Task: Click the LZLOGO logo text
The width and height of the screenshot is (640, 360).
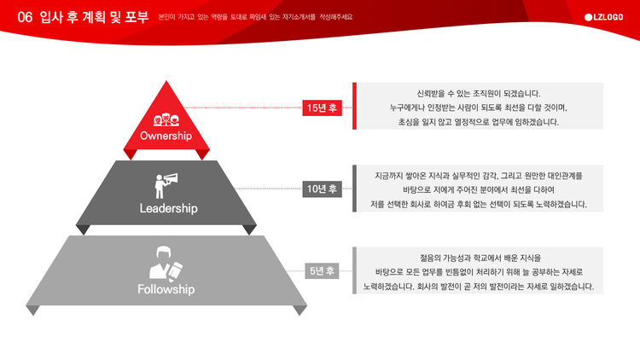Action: pyautogui.click(x=603, y=17)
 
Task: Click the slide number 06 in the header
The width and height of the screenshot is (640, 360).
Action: pyautogui.click(x=25, y=17)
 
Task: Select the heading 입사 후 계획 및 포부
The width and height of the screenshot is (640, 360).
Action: pyautogui.click(x=94, y=17)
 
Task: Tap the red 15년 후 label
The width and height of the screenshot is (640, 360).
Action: pyautogui.click(x=322, y=107)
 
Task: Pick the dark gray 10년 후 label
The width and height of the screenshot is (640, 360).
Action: pyautogui.click(x=322, y=189)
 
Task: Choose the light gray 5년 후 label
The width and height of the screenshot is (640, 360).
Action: pyautogui.click(x=322, y=270)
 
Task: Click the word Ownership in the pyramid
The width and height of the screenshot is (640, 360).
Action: pyautogui.click(x=166, y=136)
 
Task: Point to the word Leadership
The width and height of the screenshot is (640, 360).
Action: pyautogui.click(x=169, y=208)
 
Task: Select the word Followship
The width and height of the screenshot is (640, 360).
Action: pyautogui.click(x=166, y=289)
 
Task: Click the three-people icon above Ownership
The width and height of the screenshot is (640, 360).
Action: pyautogui.click(x=166, y=119)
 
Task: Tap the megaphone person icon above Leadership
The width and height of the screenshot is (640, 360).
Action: pyautogui.click(x=166, y=186)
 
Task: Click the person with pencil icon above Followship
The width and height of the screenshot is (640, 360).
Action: pyautogui.click(x=166, y=264)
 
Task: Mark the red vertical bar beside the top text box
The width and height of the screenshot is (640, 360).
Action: pyautogui.click(x=354, y=106)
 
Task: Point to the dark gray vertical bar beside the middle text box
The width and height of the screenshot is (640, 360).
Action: pyautogui.click(x=354, y=189)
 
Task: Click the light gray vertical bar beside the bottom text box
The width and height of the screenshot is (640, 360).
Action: pyautogui.click(x=354, y=270)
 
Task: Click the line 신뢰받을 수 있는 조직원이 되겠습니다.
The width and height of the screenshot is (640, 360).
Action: pyautogui.click(x=479, y=94)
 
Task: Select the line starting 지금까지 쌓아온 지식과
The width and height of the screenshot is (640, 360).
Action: pyautogui.click(x=479, y=176)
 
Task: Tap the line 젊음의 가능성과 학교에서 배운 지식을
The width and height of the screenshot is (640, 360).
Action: pyautogui.click(x=480, y=258)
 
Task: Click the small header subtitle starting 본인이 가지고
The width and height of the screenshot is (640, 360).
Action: pyautogui.click(x=255, y=17)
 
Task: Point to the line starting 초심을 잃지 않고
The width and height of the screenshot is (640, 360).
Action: pyautogui.click(x=479, y=122)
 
